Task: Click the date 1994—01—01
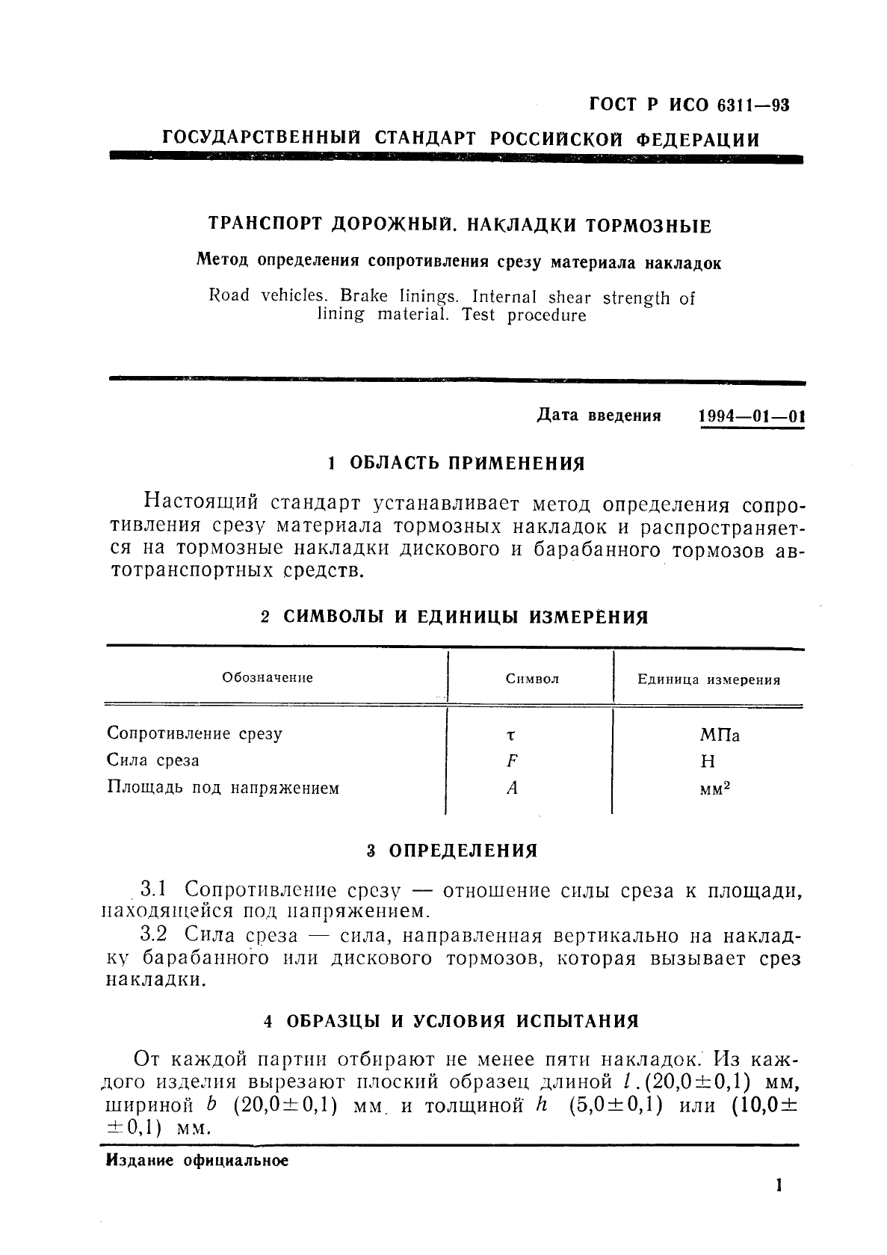coord(751,416)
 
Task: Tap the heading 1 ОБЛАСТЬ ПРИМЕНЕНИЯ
coord(457,463)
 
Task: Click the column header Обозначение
coord(268,678)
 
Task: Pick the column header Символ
coord(532,679)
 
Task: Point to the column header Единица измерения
coord(708,680)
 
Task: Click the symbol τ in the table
coord(510,736)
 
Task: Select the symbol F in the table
coord(512,761)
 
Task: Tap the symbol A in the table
coord(512,788)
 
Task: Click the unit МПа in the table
coord(720,736)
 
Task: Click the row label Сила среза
coord(153,761)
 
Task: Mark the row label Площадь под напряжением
coord(223,788)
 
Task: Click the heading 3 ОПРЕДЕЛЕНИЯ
coord(452,851)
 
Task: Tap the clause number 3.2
coord(153,935)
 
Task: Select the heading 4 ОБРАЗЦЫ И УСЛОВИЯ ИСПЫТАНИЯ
coord(452,1021)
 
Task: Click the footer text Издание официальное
coord(197,1161)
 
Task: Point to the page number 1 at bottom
coord(779,1185)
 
